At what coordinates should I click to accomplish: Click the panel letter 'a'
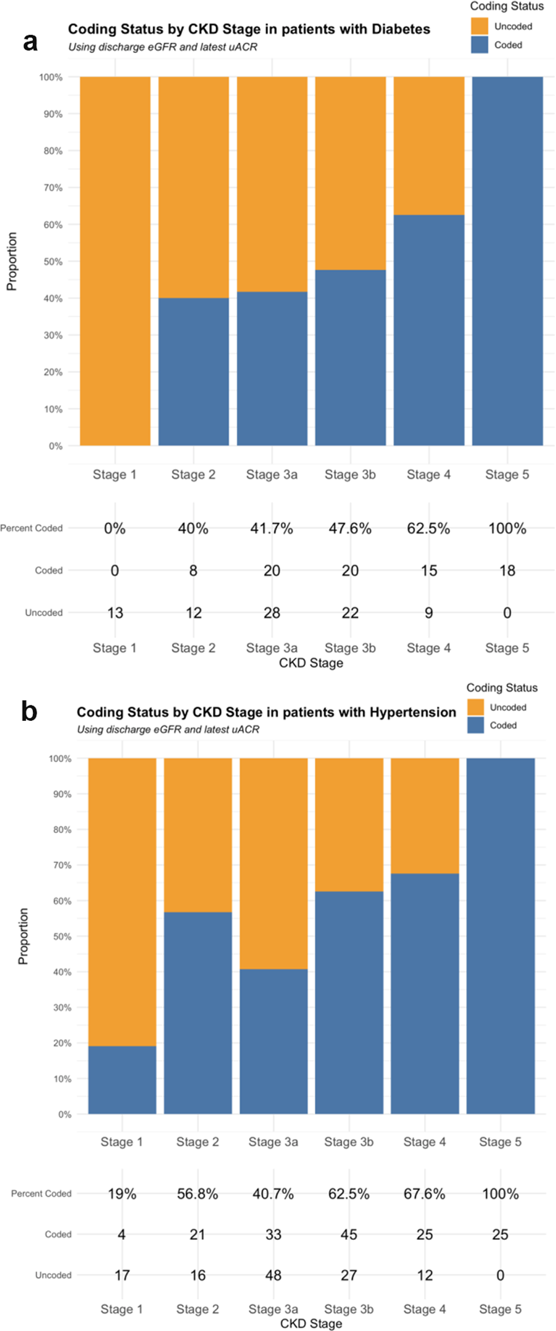click(30, 42)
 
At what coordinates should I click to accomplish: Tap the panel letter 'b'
click(29, 711)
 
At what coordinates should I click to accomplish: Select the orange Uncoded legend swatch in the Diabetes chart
click(479, 26)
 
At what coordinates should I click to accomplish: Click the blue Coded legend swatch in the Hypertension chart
click(476, 725)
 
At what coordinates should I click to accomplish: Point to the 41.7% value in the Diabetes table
click(271, 528)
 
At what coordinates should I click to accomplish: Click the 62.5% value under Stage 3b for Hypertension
click(349, 1194)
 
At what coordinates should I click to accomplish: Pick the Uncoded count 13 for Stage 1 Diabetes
click(115, 612)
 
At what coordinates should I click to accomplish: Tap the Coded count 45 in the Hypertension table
click(349, 1234)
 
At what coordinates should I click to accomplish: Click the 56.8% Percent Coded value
click(197, 1194)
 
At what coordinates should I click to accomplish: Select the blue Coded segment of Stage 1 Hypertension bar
click(122, 1080)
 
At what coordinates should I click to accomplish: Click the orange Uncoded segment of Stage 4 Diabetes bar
click(429, 146)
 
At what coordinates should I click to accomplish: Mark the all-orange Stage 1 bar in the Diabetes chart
click(115, 261)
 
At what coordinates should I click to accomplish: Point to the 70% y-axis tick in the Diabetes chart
click(53, 188)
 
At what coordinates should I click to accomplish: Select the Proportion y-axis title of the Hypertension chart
click(23, 936)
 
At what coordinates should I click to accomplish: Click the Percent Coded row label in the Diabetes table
click(32, 528)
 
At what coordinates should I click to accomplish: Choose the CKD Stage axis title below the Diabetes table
click(311, 663)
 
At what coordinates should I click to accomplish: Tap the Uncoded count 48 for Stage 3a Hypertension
click(273, 1275)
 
